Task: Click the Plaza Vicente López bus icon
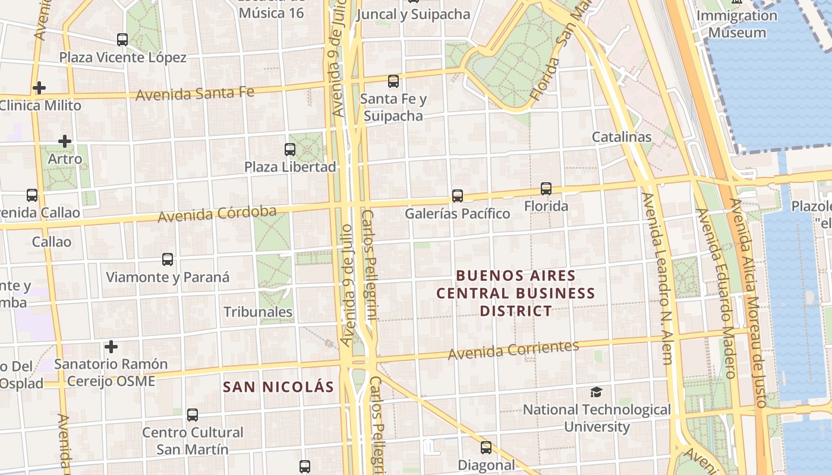pyautogui.click(x=122, y=40)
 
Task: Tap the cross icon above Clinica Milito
pyautogui.click(x=39, y=88)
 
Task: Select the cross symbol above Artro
pyautogui.click(x=65, y=141)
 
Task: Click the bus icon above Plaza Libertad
pyautogui.click(x=290, y=149)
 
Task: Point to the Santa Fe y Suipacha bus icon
pyautogui.click(x=393, y=81)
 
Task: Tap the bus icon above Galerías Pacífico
pyautogui.click(x=457, y=195)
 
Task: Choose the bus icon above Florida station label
pyautogui.click(x=546, y=189)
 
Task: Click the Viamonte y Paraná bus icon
pyautogui.click(x=168, y=259)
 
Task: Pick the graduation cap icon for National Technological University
pyautogui.click(x=596, y=392)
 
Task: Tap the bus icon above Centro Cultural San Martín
pyautogui.click(x=193, y=415)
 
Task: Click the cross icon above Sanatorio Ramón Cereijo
pyautogui.click(x=111, y=346)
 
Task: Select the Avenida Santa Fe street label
pyautogui.click(x=195, y=93)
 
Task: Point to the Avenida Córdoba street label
pyautogui.click(x=217, y=214)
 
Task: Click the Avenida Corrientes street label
pyautogui.click(x=513, y=350)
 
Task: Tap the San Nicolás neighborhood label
pyautogui.click(x=278, y=387)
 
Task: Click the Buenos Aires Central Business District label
pyautogui.click(x=515, y=293)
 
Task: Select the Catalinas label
pyautogui.click(x=622, y=137)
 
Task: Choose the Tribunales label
pyautogui.click(x=258, y=312)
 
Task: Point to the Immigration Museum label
pyautogui.click(x=737, y=24)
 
